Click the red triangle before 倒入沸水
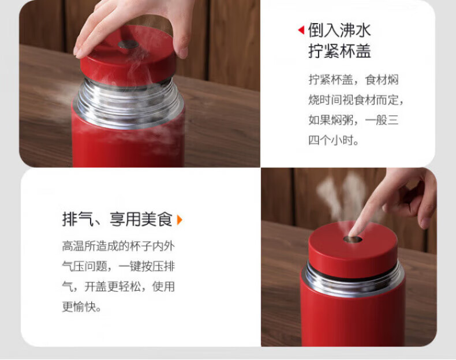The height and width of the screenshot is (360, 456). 301,30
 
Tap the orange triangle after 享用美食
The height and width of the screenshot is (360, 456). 180,220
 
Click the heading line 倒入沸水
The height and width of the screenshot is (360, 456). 339,30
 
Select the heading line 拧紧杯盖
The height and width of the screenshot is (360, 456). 339,51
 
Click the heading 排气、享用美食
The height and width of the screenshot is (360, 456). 118,219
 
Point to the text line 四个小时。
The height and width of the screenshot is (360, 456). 334,140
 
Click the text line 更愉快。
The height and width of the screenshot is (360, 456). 81,307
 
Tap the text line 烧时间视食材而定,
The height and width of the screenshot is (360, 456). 356,100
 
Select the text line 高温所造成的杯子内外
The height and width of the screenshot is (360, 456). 118,246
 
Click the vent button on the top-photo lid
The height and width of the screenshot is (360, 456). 128,44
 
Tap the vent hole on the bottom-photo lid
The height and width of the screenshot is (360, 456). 353,239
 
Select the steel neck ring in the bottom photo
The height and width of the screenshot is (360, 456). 353,279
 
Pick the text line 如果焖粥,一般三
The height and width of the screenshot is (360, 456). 353,120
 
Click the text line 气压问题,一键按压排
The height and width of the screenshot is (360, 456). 118,267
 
